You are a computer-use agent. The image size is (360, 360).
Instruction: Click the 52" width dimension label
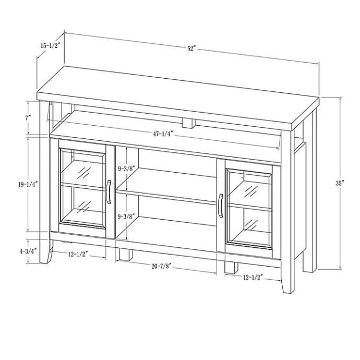coord(191,49)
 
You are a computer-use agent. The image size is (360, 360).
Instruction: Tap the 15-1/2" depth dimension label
coord(50,45)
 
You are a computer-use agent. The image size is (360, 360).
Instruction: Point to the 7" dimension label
coord(28,118)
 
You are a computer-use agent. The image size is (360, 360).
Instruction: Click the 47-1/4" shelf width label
coord(163,134)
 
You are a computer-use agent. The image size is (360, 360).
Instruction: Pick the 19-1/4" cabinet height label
coord(28,184)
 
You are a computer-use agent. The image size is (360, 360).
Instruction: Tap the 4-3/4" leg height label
coord(28,251)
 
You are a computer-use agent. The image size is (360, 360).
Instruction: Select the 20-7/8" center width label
coord(161,266)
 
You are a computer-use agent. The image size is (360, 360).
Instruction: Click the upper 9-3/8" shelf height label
coord(126,169)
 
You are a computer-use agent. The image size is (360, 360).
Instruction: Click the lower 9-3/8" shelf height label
coord(126,217)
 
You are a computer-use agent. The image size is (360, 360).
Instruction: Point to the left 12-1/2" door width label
coord(78,254)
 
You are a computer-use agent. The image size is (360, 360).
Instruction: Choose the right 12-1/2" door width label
coord(253,278)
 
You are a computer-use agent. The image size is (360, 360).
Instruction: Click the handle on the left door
coord(109,192)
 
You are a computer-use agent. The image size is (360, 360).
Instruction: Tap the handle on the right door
coord(221,206)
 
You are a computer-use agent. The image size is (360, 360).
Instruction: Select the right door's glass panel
coord(249,209)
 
